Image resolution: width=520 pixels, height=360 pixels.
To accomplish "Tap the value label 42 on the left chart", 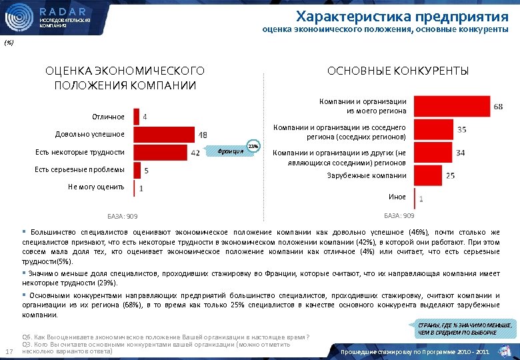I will coord(196,153).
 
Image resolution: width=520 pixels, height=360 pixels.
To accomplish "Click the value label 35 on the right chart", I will coord(461,129).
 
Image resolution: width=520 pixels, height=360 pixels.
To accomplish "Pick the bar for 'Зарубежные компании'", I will coord(427,175).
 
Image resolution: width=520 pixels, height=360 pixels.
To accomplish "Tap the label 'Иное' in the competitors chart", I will coord(397,197).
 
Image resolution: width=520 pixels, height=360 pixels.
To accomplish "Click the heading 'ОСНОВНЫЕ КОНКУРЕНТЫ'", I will coord(397,71).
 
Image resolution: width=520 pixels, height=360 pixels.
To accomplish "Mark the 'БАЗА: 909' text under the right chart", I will coord(399,216).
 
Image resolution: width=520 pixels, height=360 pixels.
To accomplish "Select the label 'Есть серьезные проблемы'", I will coord(79,170).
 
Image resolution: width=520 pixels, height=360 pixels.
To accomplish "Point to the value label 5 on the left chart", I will coord(146,171).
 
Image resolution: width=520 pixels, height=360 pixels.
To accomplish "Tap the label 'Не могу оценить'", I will coord(96,187).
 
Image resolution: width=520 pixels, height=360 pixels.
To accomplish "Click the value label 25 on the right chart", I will coord(451,176).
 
